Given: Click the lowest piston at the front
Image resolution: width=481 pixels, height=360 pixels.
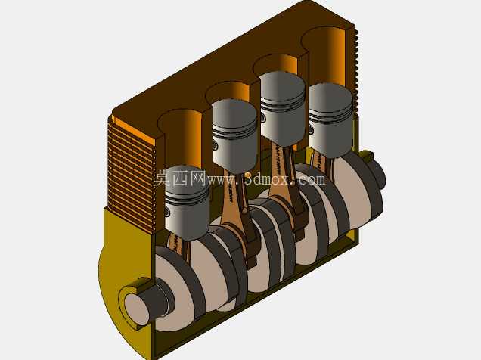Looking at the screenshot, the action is [x=187, y=203].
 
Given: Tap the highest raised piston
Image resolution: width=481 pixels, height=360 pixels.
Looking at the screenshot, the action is [x=283, y=107].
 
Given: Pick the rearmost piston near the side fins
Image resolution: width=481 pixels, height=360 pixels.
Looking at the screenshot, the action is [x=330, y=119].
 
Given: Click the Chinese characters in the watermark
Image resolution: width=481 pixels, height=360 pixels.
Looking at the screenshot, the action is [x=180, y=178].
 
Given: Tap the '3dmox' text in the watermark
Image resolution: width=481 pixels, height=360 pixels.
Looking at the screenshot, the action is [x=267, y=178].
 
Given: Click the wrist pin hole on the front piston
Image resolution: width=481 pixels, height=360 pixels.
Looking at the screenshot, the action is [x=167, y=211].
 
